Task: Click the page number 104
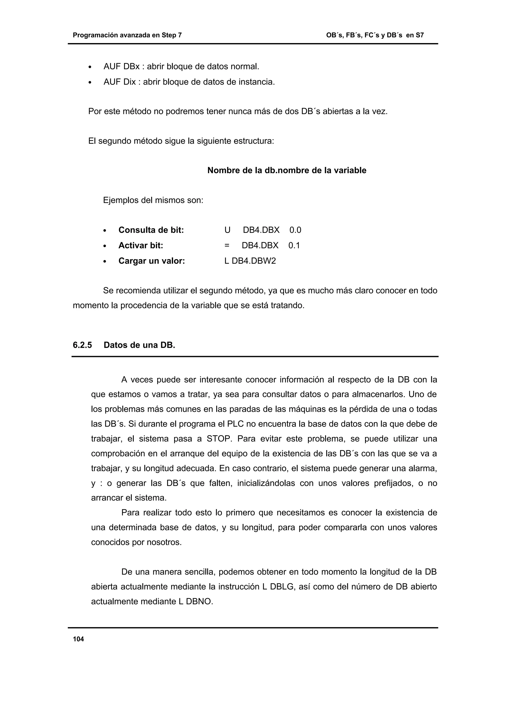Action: [78, 639]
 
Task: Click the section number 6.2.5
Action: [82, 345]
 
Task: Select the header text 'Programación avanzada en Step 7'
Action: [127, 35]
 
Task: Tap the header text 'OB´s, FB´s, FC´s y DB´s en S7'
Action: [375, 35]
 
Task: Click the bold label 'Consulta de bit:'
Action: [151, 230]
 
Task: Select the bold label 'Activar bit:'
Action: [140, 246]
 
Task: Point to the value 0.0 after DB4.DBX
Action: [295, 230]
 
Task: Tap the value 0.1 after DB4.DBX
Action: [294, 246]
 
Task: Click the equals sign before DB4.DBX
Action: [227, 246]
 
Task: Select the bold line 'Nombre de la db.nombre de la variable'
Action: [287, 170]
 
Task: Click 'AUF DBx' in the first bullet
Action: [121, 67]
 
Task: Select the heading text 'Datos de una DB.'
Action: [139, 345]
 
